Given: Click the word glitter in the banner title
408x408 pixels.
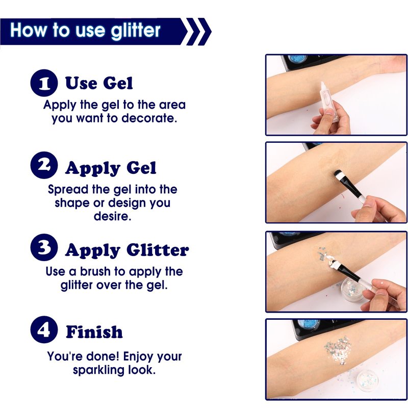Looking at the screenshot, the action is coord(135,31).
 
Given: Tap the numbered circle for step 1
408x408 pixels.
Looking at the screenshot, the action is coord(44,83).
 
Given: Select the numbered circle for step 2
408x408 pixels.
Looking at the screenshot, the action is coord(44,165).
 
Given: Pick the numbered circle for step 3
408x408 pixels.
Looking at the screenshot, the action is coord(44,247).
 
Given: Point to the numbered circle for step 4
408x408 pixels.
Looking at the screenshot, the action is coord(44,329).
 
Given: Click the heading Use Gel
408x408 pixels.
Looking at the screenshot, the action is coord(99,83).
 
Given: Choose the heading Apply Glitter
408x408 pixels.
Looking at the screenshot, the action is coord(127,250).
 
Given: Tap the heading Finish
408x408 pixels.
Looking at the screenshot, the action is coord(94,332).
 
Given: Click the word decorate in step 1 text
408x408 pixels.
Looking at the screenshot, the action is coord(149,118).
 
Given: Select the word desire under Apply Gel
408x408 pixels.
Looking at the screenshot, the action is coord(112,216).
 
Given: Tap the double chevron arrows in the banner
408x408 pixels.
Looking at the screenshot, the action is coord(198,32).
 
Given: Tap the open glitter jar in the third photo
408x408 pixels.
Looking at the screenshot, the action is coord(352,290).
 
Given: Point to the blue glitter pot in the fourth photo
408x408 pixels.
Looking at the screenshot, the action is coord(309,324).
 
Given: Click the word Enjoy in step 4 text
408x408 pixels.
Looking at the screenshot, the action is coord(137,356).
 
